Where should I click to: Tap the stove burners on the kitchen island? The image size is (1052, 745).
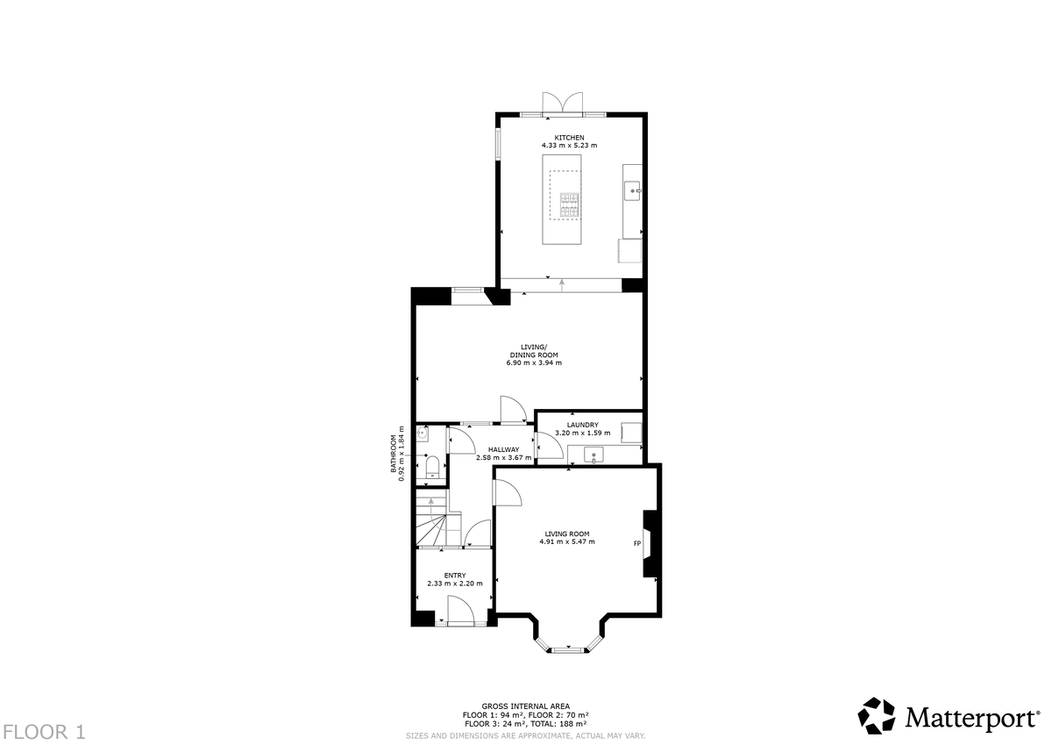point(570,204)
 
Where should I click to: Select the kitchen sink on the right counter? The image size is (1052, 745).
point(632,190)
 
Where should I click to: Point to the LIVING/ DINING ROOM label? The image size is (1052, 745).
point(534,350)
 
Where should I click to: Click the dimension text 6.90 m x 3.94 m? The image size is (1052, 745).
point(534,362)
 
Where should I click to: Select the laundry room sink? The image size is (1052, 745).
point(594,455)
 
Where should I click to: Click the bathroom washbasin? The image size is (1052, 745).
point(423,433)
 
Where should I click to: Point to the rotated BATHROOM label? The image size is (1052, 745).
point(394,456)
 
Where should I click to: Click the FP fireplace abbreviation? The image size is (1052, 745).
point(636,544)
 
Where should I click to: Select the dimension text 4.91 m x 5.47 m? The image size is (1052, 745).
point(567,541)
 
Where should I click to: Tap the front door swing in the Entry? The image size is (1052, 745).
point(460,610)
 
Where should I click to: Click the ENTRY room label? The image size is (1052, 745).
point(454,575)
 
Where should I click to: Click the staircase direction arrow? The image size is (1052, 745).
point(430,502)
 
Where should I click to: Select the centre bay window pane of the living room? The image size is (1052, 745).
point(567,649)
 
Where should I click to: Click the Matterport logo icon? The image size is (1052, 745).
point(876,715)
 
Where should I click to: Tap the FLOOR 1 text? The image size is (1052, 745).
point(44,730)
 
